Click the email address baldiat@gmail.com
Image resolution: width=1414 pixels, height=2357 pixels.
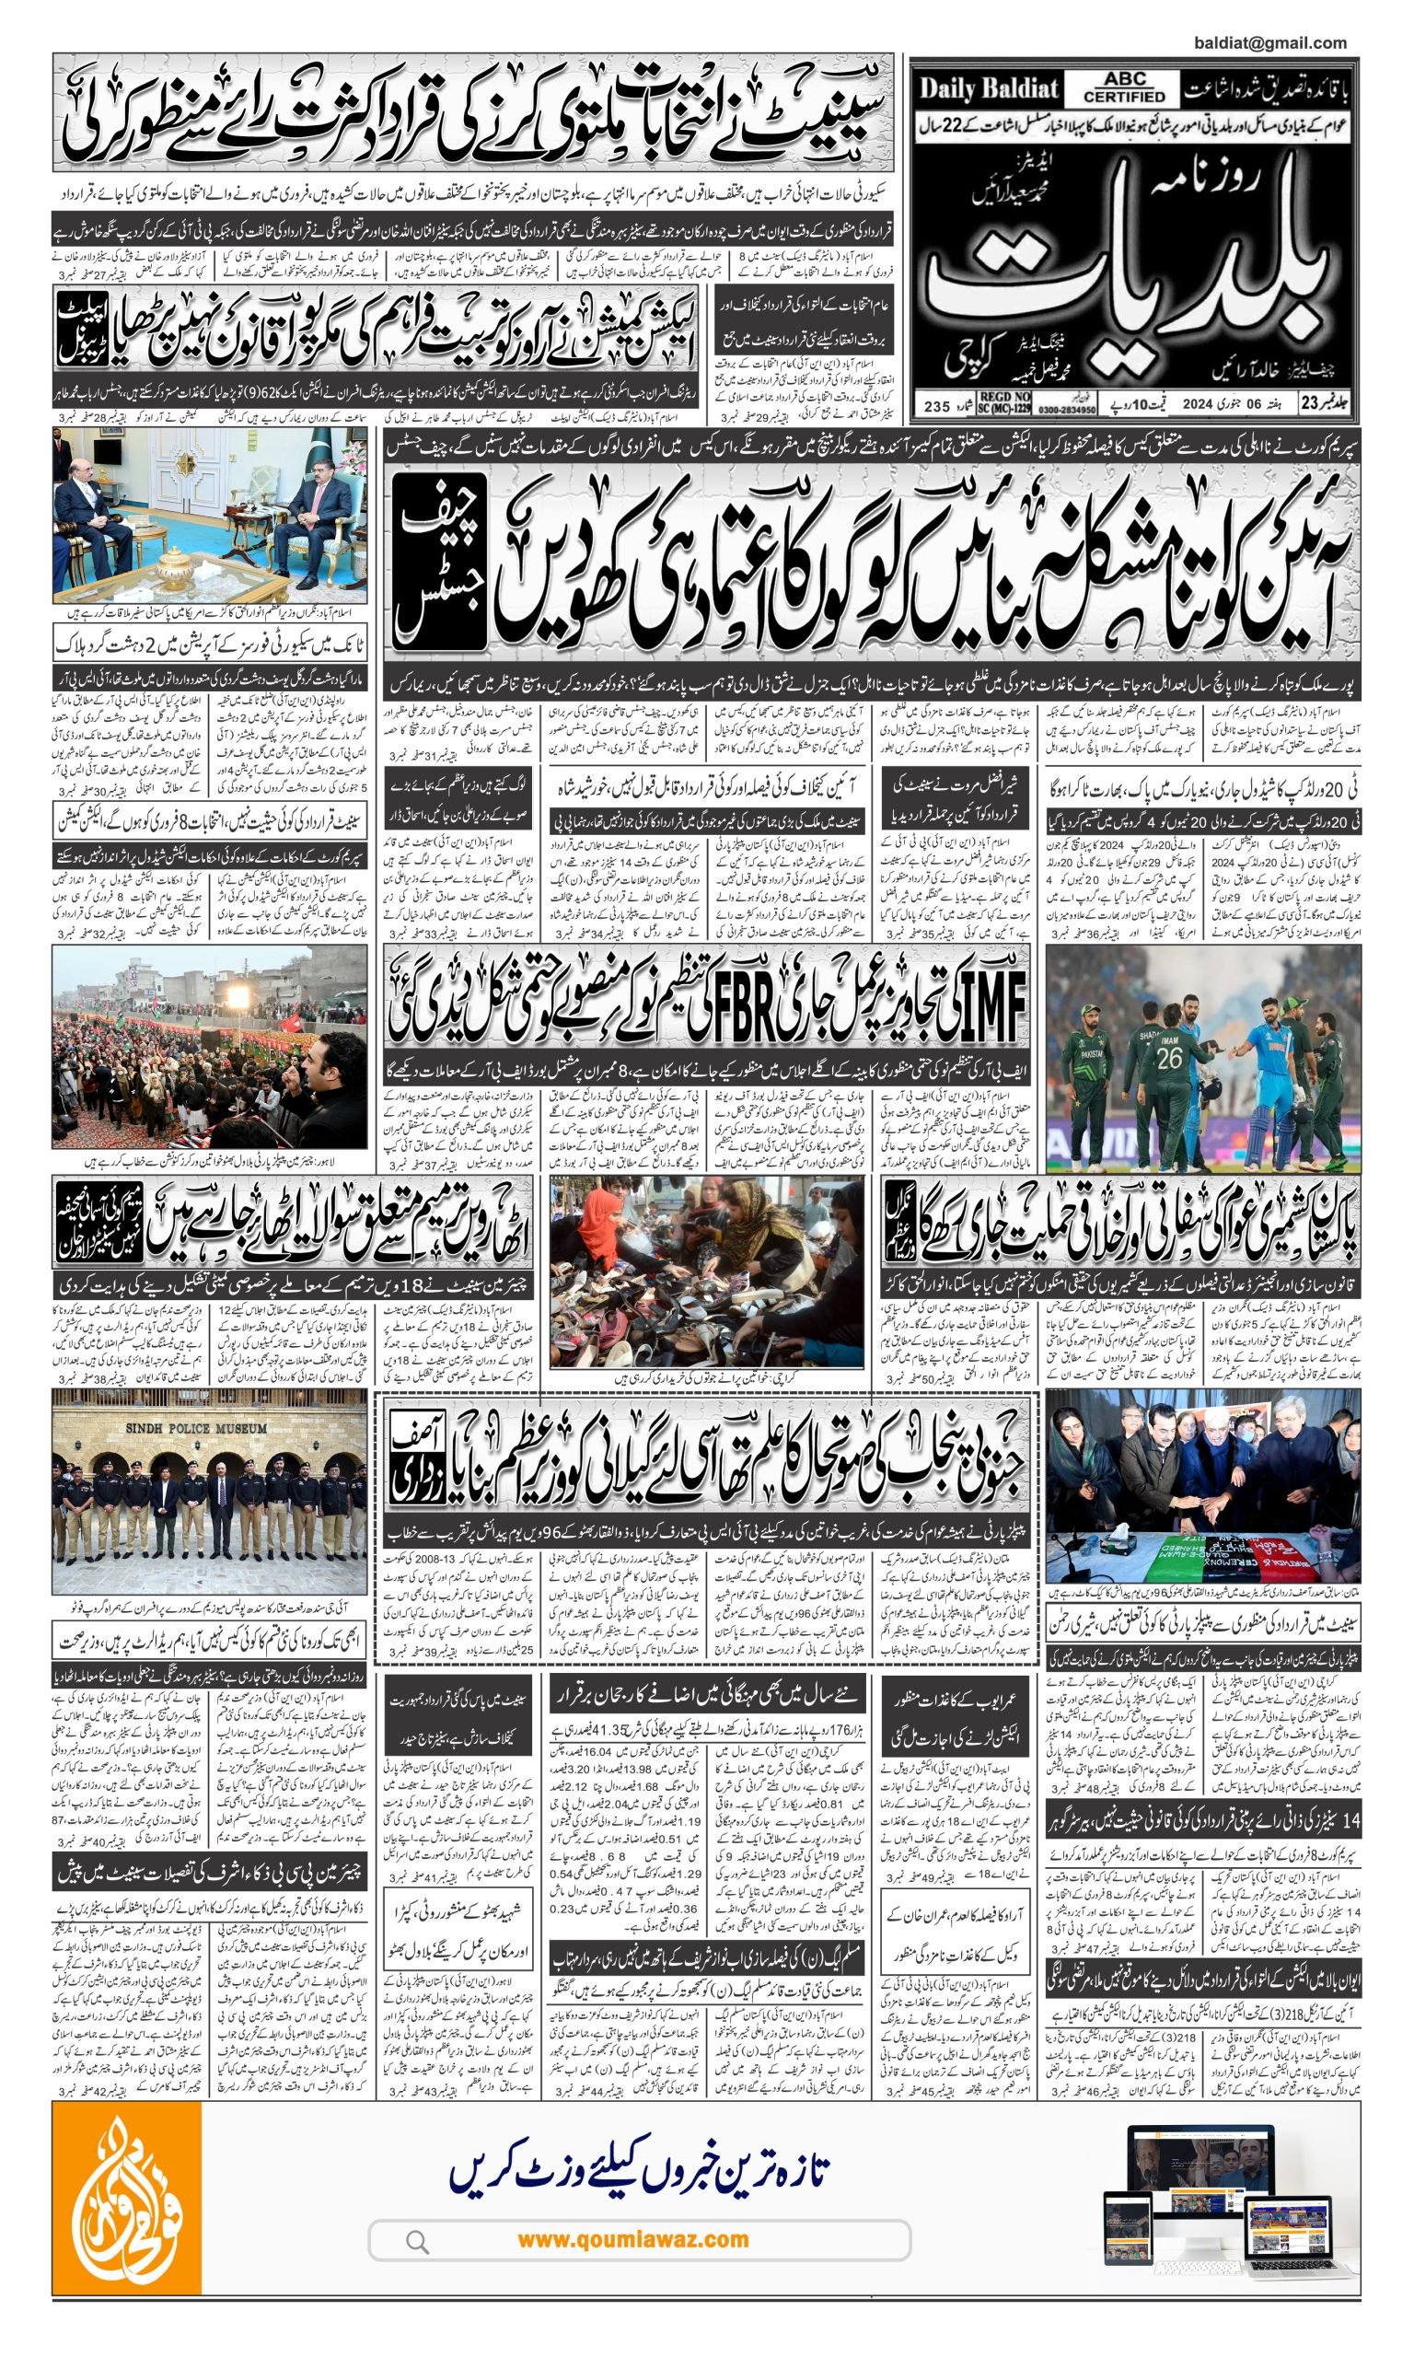pos(1269,43)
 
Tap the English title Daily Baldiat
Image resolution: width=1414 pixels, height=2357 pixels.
pos(988,89)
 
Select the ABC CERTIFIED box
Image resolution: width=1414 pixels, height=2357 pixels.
pos(1124,88)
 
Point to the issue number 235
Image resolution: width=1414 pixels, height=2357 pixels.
pos(937,407)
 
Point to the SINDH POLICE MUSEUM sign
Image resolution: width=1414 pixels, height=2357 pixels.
pos(196,1430)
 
